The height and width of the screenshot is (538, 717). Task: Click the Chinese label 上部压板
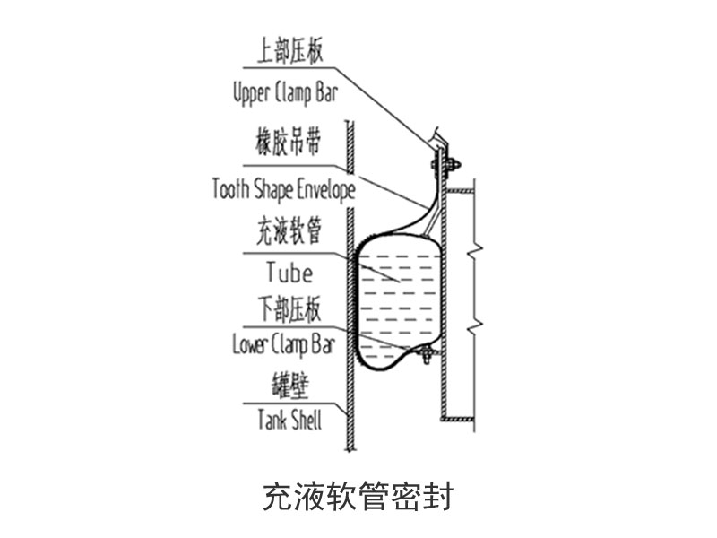[x=289, y=52]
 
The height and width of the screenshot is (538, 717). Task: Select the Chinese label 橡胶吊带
[x=289, y=143]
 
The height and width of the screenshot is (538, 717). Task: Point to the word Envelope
[x=321, y=189]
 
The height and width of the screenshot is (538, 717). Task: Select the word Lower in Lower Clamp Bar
[x=251, y=344]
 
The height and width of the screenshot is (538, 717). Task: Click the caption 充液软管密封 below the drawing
[x=358, y=495]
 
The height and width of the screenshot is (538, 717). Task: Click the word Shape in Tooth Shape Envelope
[x=277, y=189]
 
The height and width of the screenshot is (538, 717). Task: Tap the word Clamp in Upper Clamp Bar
[x=295, y=92]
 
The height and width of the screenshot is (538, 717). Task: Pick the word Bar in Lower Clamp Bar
[x=322, y=344]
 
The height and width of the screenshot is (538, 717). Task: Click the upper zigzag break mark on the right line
[x=481, y=244]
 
